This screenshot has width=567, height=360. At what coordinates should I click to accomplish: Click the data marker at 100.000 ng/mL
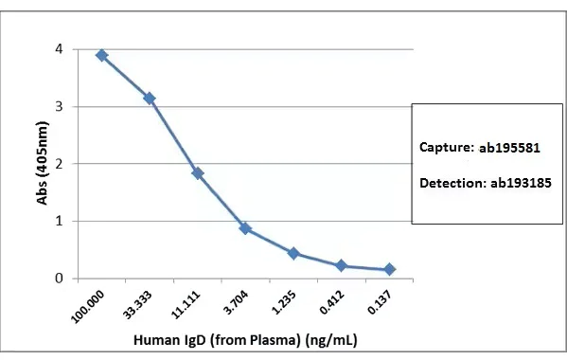[101, 56]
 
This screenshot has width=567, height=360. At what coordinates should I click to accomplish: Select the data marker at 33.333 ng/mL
[149, 99]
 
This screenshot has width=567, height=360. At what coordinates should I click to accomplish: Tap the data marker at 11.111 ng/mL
[197, 173]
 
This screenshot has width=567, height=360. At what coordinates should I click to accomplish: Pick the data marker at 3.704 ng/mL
[245, 228]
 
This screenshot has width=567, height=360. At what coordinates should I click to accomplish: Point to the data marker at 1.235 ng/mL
[293, 253]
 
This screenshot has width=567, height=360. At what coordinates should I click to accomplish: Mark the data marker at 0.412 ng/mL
[342, 266]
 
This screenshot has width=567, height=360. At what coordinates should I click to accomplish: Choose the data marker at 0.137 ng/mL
[389, 270]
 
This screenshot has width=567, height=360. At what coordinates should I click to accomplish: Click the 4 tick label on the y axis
[60, 49]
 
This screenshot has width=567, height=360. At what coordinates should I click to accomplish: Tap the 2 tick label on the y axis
[60, 164]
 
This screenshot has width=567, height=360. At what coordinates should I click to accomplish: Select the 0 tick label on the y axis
[60, 279]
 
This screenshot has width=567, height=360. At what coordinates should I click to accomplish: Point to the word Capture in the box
[444, 148]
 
